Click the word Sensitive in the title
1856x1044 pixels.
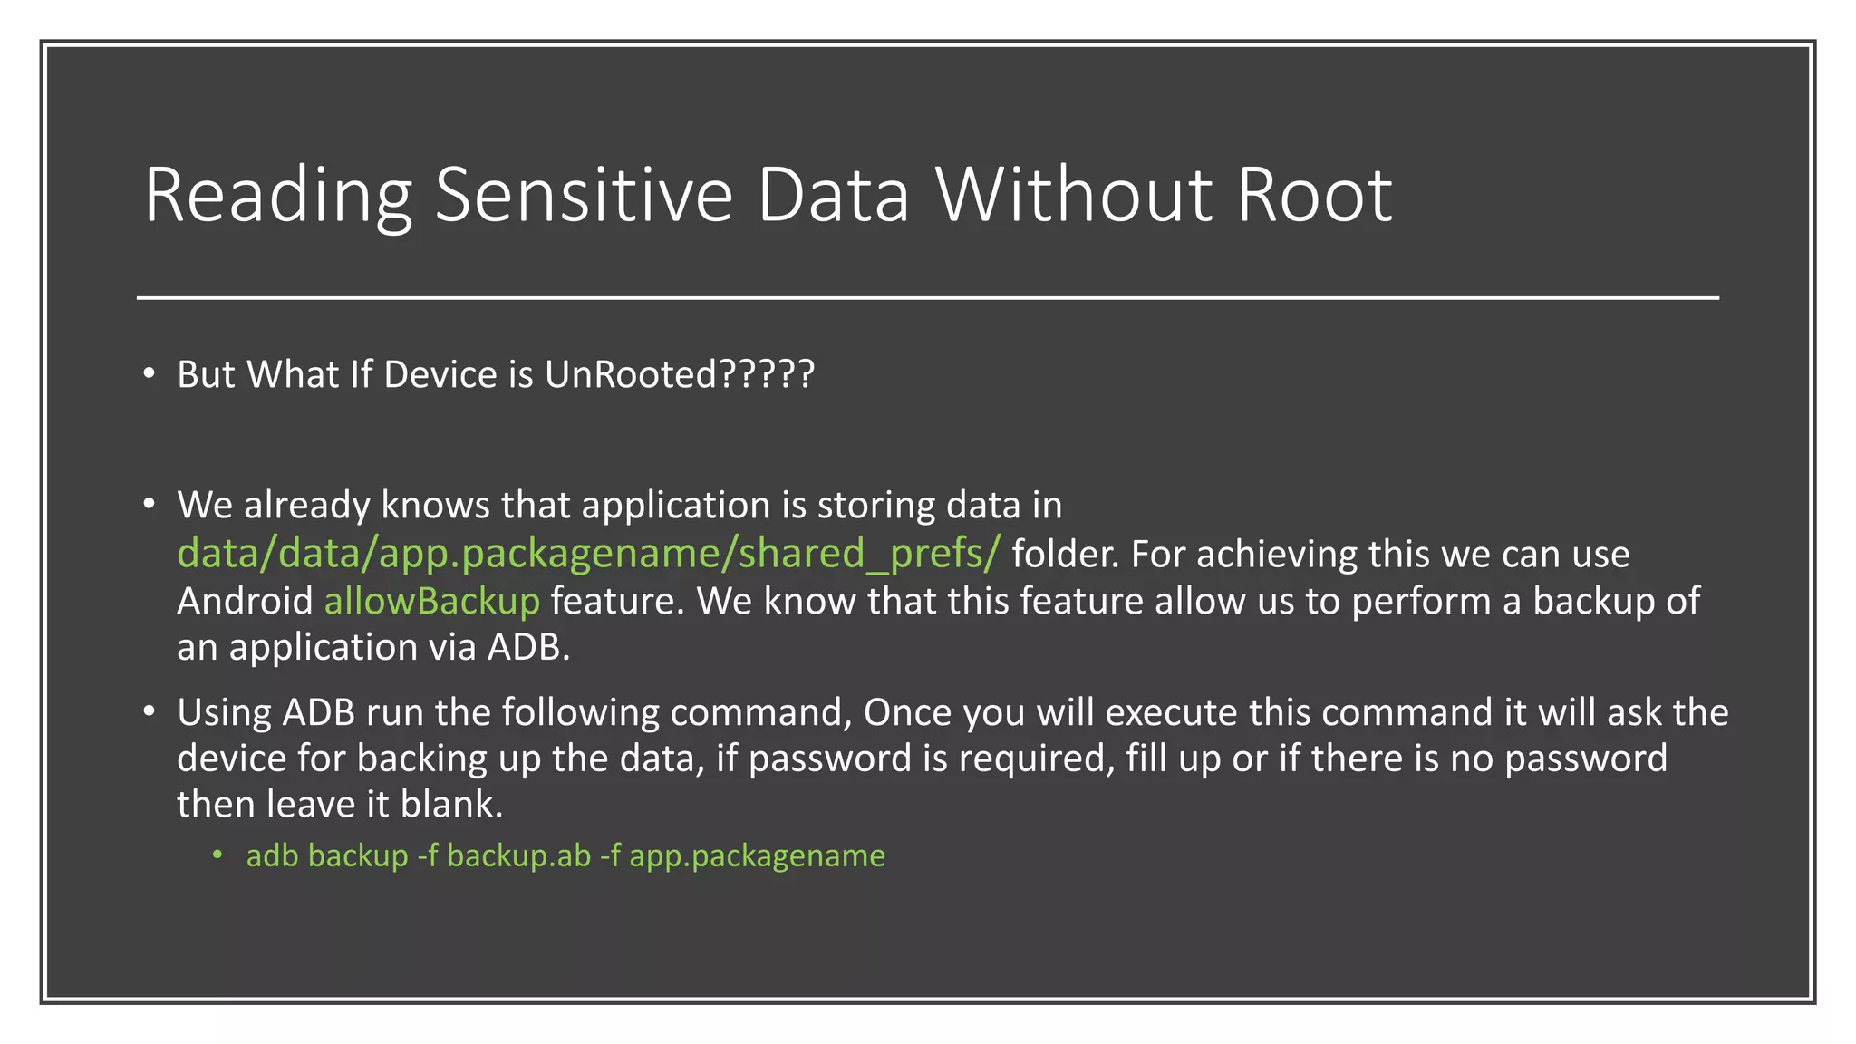[x=584, y=195]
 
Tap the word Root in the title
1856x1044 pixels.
[x=1314, y=195]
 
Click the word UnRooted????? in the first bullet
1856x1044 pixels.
[x=680, y=374]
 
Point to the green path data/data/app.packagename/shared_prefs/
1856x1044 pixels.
[x=588, y=554]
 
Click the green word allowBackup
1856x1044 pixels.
[x=432, y=601]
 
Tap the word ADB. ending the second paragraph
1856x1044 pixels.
[x=529, y=647]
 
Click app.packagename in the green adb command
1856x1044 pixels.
[x=757, y=855]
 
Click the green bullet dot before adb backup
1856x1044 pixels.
[x=217, y=855]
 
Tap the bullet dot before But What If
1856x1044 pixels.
[x=150, y=374]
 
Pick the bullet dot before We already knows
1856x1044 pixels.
[x=150, y=505]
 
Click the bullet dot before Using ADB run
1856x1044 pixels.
[x=150, y=712]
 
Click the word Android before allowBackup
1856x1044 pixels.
[x=245, y=601]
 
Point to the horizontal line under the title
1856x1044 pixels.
[x=928, y=297]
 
